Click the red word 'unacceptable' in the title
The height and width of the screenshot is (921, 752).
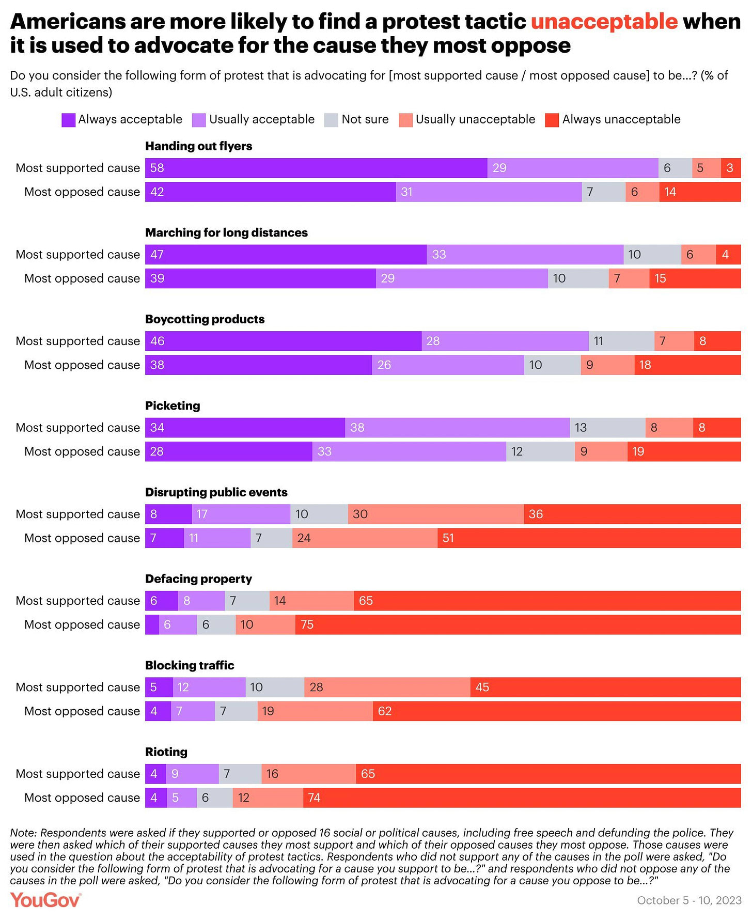point(604,22)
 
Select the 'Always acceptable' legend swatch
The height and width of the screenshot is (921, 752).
point(69,120)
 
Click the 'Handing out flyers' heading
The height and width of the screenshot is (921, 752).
point(199,146)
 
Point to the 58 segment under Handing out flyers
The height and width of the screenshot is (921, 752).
point(316,168)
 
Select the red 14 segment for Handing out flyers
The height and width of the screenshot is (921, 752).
point(700,192)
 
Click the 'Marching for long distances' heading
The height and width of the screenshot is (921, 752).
point(226,232)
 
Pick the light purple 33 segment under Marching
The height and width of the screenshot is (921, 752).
point(525,254)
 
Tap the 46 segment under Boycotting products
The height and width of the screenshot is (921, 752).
point(283,341)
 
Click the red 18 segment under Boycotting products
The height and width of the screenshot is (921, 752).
point(687,365)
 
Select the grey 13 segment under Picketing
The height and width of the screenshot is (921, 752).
point(607,427)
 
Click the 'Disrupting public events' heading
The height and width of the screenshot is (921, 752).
point(216,492)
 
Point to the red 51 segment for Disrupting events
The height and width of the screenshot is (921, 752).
point(589,538)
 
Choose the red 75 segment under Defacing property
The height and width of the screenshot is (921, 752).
point(518,625)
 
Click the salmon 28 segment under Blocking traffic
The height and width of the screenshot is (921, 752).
point(387,687)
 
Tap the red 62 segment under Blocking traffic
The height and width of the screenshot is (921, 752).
point(556,711)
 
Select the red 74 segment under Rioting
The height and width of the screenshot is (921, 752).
point(522,798)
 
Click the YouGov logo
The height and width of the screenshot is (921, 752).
point(45,900)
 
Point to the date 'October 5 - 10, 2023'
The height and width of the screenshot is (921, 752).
point(689,900)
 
